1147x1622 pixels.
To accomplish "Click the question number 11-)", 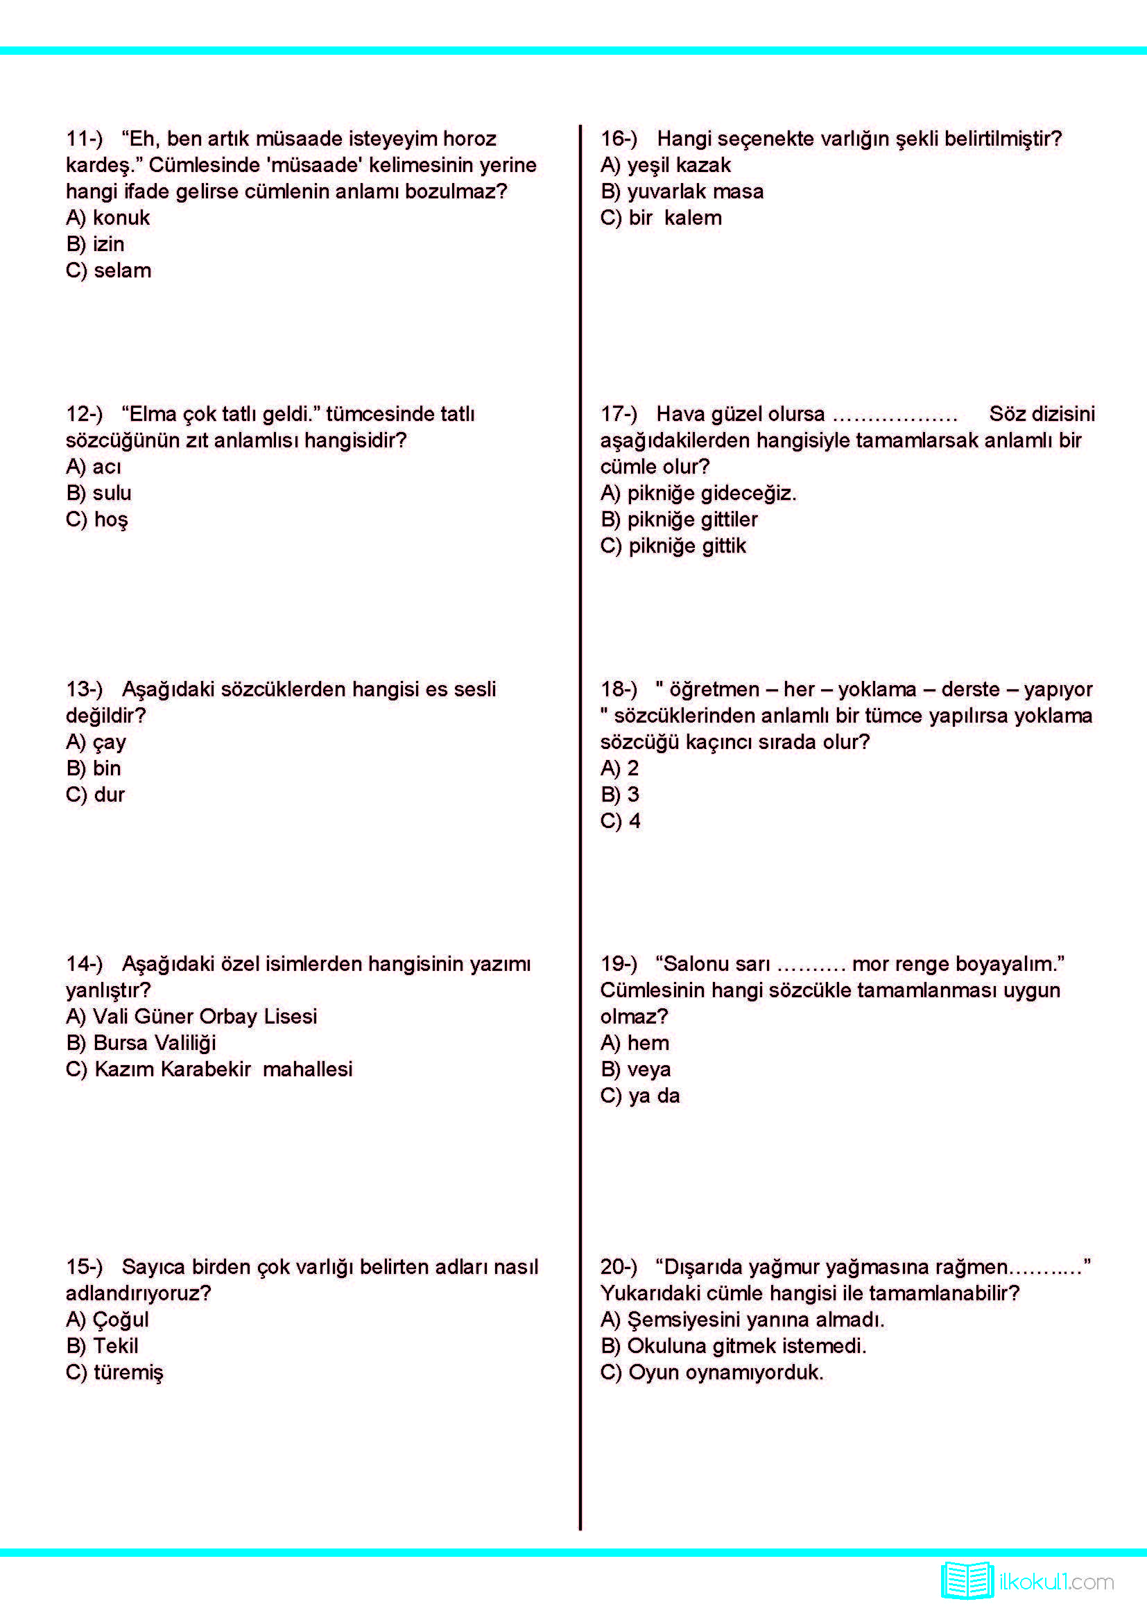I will pos(84,139).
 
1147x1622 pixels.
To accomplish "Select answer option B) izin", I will pos(94,243).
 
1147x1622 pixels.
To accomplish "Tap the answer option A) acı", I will pos(93,466).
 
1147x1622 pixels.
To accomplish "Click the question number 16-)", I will pos(619,139).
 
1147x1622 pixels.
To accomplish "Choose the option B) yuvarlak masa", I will pos(682,191).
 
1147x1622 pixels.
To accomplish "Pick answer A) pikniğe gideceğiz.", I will pos(698,493).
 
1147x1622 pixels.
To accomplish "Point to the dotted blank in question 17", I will pos(894,415).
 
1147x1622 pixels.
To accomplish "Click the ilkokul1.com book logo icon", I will pos(967,1580).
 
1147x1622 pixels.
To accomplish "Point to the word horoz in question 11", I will pos(469,139).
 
